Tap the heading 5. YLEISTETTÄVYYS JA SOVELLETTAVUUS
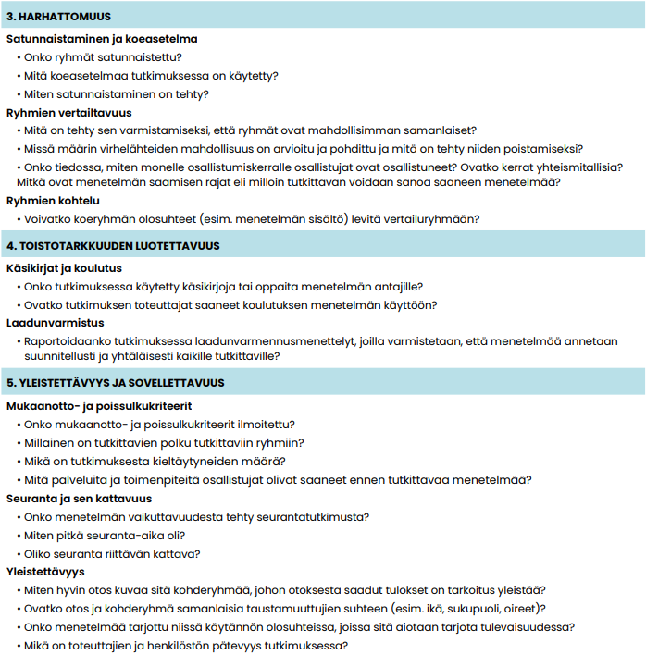[116, 382]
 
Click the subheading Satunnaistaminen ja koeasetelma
[102, 39]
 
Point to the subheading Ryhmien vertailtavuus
[69, 113]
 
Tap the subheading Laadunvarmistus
[55, 323]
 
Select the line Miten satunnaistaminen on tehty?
[117, 94]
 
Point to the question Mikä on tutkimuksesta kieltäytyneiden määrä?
[155, 461]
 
